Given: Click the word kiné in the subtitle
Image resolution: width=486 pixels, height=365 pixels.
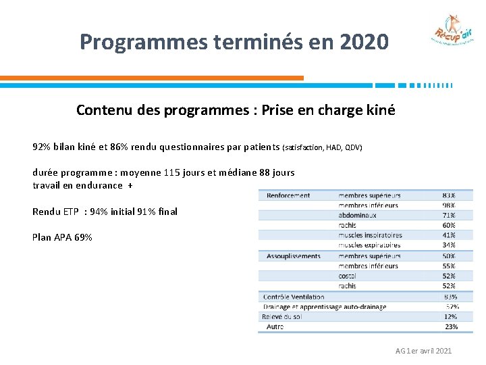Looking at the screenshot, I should coord(379,109).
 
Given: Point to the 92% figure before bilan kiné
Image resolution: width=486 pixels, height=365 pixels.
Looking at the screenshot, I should coord(42,147).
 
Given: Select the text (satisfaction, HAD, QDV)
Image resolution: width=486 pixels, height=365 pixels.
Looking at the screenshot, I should coord(323,147).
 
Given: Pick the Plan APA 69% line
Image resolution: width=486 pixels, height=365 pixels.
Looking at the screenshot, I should coord(62,237).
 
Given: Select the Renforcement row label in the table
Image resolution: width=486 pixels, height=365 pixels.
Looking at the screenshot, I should coord(288,195).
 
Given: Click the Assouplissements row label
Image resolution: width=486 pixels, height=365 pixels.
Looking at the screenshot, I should coord(294,256).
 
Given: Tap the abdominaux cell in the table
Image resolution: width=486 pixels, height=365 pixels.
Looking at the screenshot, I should coord(357,215).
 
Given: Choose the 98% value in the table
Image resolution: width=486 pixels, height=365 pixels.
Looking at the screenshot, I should coord(449,205).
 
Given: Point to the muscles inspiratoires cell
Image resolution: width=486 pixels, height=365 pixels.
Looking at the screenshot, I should coord(370,235).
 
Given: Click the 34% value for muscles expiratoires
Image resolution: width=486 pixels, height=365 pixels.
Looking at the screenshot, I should coord(449,245).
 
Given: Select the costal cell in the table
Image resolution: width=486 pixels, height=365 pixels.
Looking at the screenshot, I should coord(348,276).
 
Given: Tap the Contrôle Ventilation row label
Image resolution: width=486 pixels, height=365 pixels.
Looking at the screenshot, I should coord(294,297).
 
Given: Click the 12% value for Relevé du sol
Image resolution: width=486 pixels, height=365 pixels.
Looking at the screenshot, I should coord(450,316).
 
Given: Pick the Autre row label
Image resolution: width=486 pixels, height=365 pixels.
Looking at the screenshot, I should coord(275,326).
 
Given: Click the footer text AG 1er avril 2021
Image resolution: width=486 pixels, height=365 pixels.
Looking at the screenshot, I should coord(424,351).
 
